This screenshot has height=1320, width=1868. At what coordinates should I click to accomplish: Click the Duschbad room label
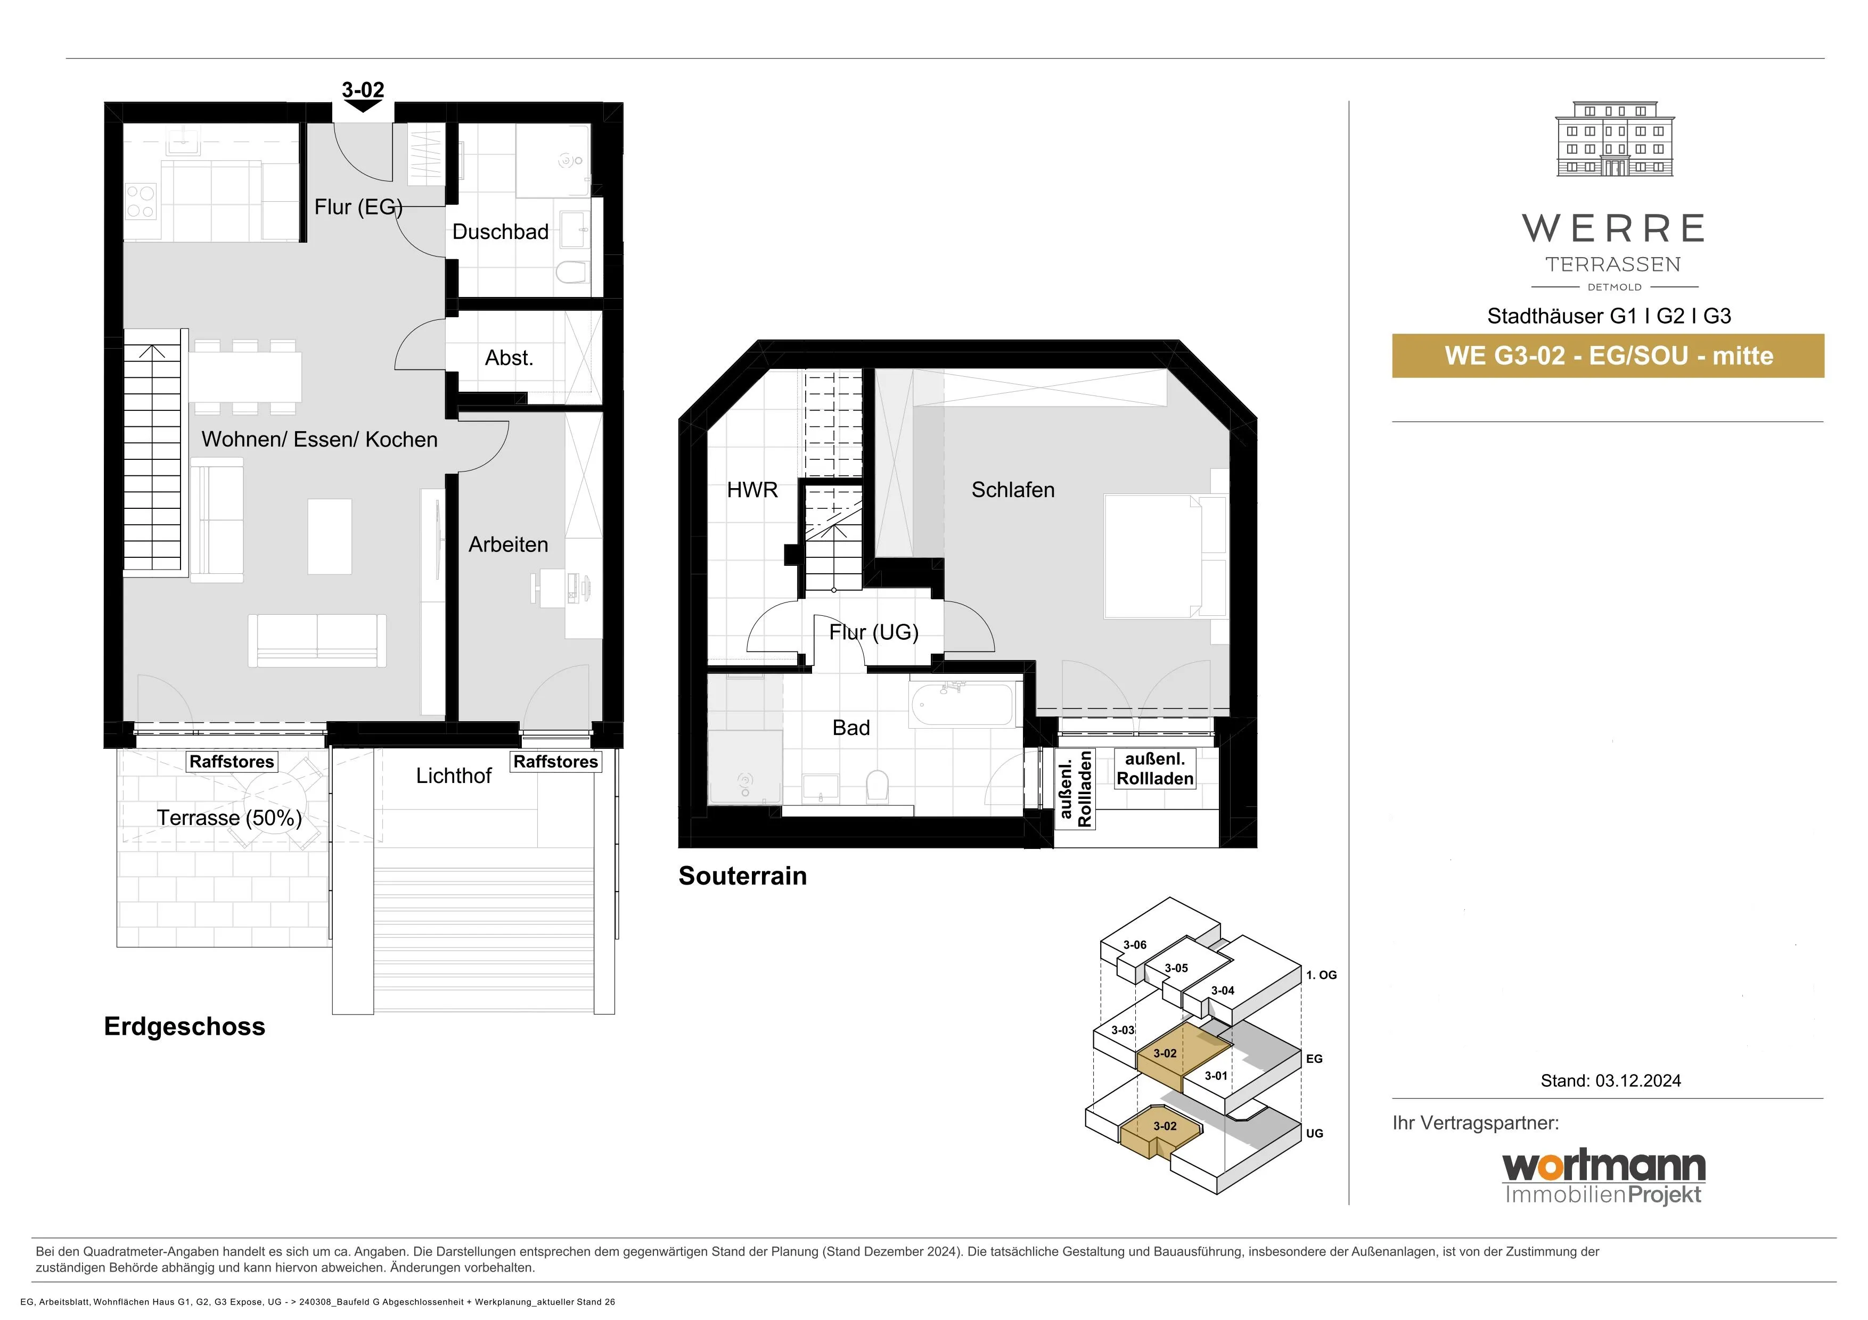click(501, 232)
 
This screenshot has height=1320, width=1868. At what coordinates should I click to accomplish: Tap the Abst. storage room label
click(509, 358)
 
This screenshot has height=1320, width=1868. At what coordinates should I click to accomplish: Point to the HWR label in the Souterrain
click(752, 490)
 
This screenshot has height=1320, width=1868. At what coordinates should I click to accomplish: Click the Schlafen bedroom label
click(1013, 490)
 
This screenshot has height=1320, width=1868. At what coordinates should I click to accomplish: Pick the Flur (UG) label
click(874, 632)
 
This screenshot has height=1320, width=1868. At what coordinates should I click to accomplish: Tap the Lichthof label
click(454, 776)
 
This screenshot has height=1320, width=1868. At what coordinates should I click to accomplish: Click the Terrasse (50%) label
click(230, 818)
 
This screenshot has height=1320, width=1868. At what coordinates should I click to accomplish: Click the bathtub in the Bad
click(962, 704)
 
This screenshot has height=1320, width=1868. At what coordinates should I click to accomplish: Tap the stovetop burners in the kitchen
click(141, 202)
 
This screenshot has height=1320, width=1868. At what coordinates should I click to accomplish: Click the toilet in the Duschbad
click(572, 271)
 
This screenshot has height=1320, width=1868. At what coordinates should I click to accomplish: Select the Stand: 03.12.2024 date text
click(1611, 1081)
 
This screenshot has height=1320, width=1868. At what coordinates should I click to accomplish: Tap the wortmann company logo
click(1603, 1177)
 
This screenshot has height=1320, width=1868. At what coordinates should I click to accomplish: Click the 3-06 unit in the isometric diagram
click(1134, 945)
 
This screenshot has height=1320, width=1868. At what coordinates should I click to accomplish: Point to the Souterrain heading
click(743, 876)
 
